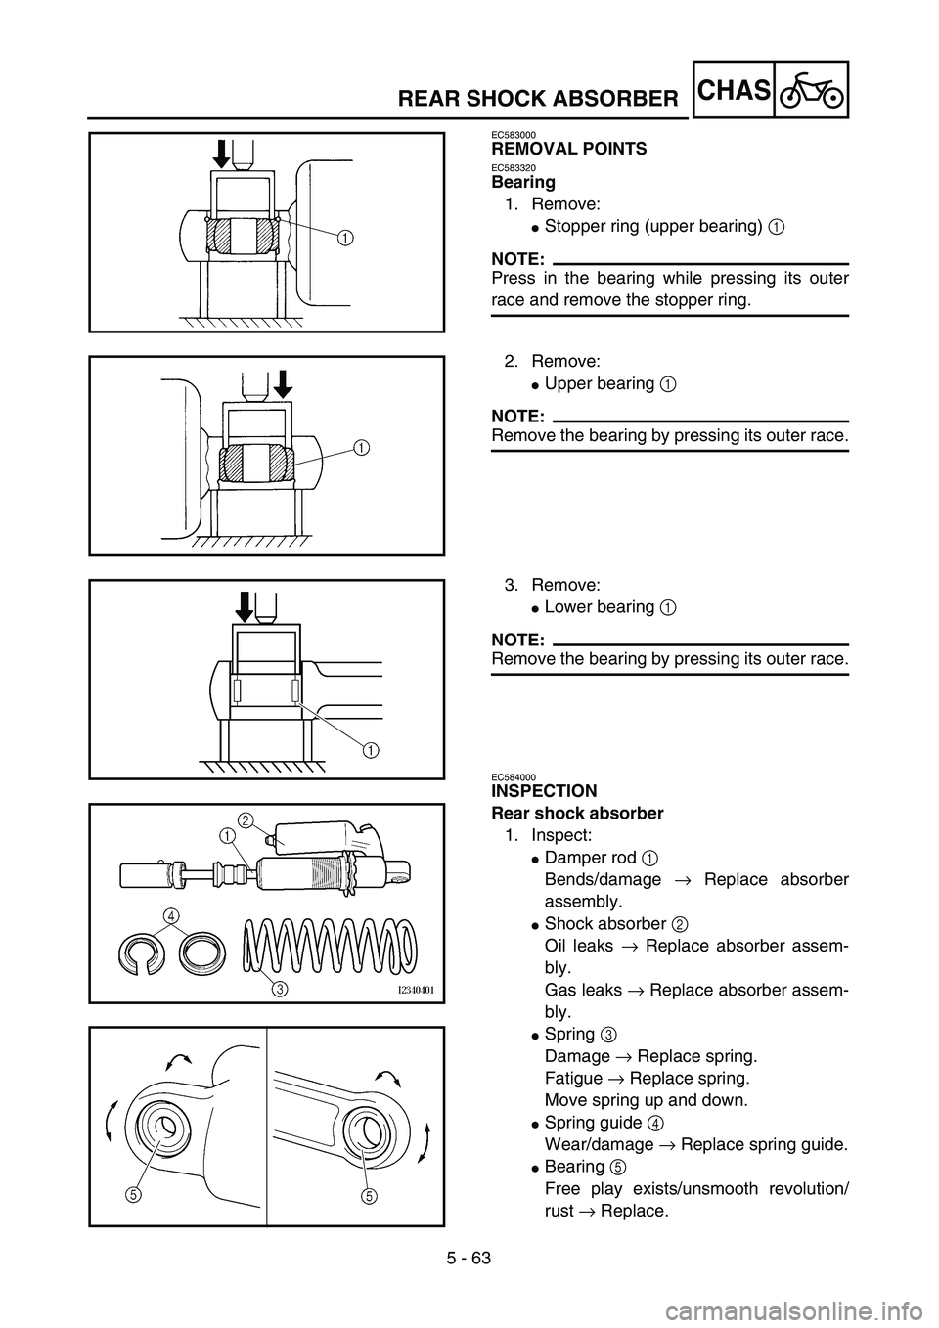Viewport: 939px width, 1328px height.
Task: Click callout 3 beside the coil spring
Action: tap(281, 988)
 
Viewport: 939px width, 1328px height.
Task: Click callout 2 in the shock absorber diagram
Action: tap(246, 819)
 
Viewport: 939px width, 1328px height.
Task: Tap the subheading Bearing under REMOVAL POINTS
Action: tap(523, 183)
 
